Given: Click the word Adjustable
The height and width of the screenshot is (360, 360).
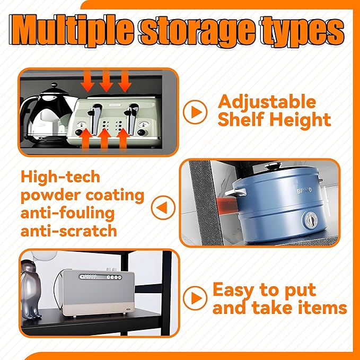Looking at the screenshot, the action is tap(267, 102).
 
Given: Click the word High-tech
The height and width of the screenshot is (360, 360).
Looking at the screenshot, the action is tap(60, 177).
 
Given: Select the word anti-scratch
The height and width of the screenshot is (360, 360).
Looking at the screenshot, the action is tap(69, 231).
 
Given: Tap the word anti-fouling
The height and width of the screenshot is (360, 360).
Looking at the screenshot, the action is tap(67, 214).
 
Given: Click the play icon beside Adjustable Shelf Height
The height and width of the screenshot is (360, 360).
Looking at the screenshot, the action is tap(195, 112).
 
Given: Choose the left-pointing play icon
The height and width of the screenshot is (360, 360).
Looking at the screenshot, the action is tap(163, 208).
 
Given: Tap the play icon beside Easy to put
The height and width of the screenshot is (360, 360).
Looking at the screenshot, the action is tap(195, 298).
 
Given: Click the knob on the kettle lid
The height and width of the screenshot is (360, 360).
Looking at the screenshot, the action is tap(54, 85).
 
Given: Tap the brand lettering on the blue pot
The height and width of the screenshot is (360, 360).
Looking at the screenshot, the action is tap(304, 190).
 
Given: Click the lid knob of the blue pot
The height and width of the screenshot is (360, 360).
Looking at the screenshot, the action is tap(273, 165).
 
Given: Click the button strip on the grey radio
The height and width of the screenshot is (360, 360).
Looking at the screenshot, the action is tap(100, 277).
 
